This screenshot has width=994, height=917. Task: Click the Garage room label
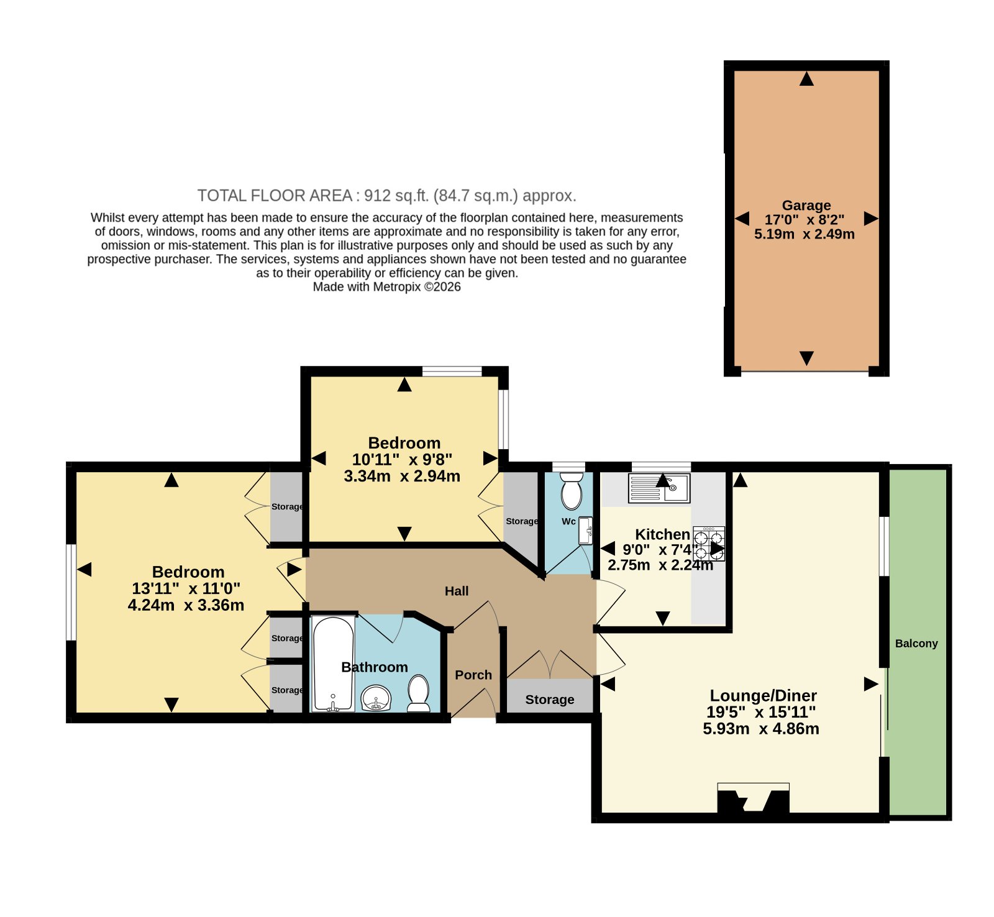tap(806, 205)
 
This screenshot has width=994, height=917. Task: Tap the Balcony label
tap(916, 644)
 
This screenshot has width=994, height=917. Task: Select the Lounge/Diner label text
tap(763, 695)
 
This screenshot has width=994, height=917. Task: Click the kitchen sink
tap(659, 488)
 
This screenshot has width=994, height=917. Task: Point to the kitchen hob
tap(709, 544)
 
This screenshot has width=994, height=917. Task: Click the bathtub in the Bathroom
tap(333, 664)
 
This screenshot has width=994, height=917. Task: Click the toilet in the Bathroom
tap(419, 693)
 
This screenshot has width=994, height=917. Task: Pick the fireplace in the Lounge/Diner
tap(753, 798)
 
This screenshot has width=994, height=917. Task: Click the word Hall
tap(457, 591)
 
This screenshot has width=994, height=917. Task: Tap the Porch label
tap(473, 675)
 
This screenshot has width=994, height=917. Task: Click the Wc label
tap(568, 521)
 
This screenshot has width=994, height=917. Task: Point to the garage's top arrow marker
tap(806, 78)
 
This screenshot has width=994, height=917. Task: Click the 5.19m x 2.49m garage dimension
tap(805, 234)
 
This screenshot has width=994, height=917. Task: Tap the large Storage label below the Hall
tap(550, 700)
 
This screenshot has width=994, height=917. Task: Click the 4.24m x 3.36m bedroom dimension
tap(186, 605)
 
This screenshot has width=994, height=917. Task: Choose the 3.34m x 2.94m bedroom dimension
tap(402, 477)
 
